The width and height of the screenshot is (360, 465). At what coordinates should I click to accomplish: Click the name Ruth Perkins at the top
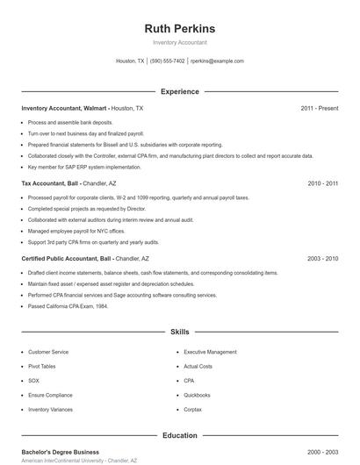click(179, 28)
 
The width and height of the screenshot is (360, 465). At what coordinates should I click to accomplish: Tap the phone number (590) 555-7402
click(167, 61)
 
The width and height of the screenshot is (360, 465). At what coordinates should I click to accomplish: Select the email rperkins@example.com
click(217, 61)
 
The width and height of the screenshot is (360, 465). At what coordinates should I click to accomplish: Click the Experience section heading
click(179, 91)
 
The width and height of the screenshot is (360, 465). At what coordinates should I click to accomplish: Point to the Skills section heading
click(179, 333)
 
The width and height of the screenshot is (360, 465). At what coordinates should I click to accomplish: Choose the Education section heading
click(179, 435)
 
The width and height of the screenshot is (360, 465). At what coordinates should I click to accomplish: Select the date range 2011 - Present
click(319, 108)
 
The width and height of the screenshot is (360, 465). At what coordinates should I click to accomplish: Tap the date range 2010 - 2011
click(322, 184)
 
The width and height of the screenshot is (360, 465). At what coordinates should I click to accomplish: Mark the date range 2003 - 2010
click(322, 260)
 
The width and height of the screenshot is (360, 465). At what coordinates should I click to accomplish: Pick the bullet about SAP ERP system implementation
click(84, 167)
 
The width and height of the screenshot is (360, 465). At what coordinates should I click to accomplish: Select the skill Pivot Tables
click(41, 367)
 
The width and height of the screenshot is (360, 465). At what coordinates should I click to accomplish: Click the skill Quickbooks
click(197, 395)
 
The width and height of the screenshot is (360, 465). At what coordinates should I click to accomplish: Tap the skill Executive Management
click(210, 352)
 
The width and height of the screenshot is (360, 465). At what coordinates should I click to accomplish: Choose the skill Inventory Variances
click(52, 410)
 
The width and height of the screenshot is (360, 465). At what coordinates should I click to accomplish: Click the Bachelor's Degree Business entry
click(60, 452)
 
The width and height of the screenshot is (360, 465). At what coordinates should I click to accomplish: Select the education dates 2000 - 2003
click(322, 452)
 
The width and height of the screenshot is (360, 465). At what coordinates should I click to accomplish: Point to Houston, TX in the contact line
click(130, 61)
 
